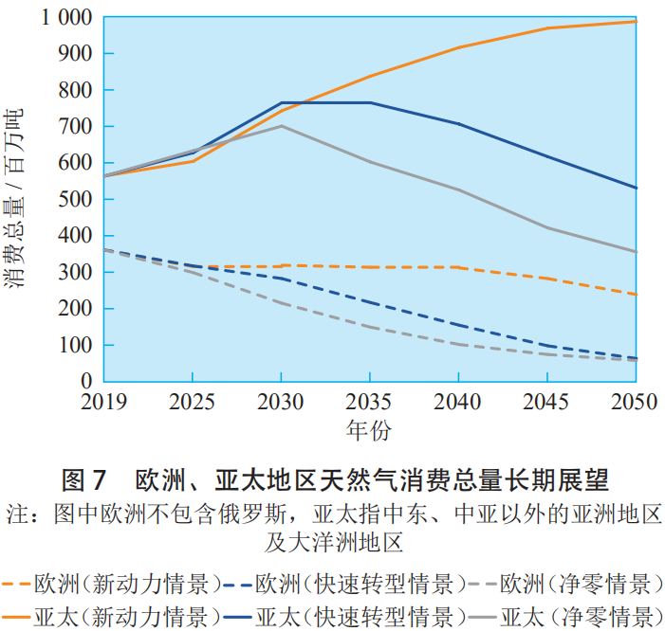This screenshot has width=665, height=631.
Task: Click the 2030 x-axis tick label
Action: [x=280, y=402]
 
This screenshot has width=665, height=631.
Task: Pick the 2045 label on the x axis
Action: [x=546, y=402]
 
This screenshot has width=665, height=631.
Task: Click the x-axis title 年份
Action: [x=368, y=430]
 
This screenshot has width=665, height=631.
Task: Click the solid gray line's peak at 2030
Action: [x=281, y=126]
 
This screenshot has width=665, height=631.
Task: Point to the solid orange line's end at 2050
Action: [x=636, y=21]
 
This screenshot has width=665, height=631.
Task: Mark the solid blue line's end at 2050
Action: [x=636, y=188]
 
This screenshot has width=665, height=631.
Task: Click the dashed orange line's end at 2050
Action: [x=636, y=294]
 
